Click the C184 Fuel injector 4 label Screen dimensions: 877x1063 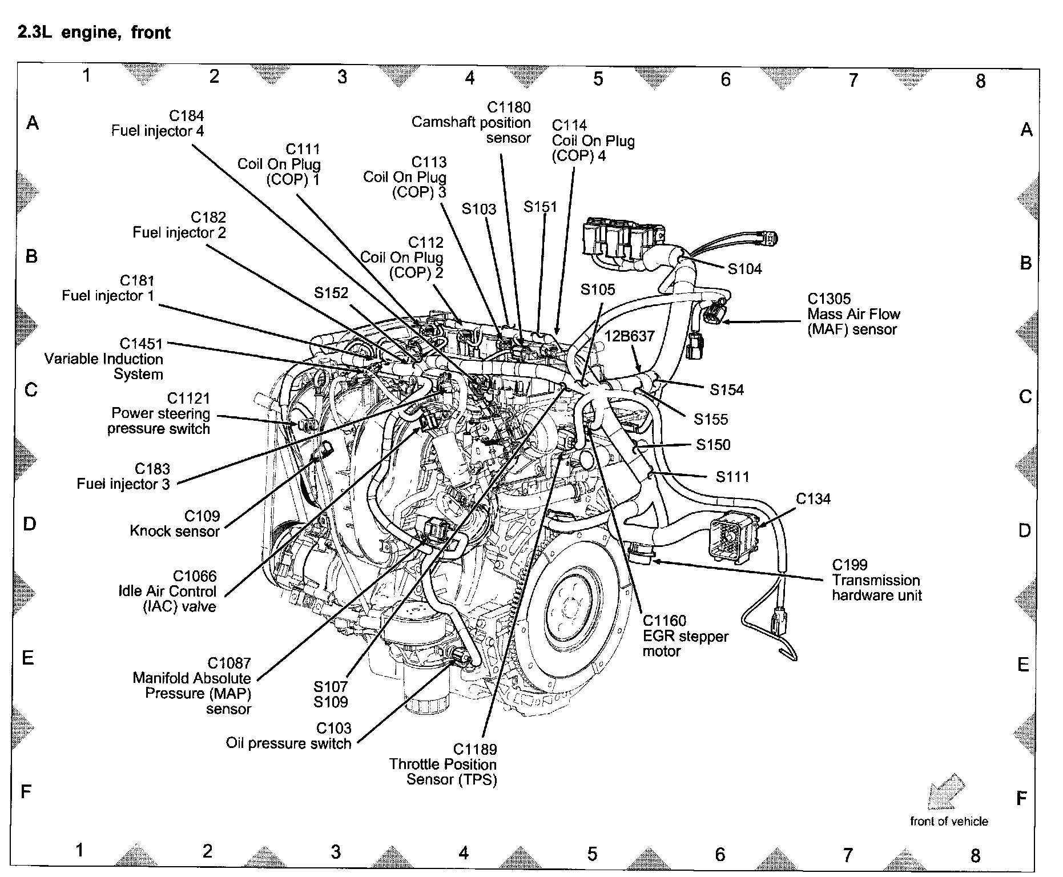point(158,123)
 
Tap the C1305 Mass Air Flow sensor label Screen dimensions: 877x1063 point(853,314)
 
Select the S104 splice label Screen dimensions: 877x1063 point(744,269)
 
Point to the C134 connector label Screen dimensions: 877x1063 point(813,499)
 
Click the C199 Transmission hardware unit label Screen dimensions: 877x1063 point(876,580)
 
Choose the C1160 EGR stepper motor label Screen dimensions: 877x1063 point(685,636)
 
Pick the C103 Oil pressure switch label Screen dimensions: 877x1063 point(288,736)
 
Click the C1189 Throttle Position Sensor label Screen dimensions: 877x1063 point(443,765)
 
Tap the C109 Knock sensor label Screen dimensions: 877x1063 point(175,524)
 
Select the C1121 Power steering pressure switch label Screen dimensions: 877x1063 point(159,413)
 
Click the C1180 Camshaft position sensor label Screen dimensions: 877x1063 point(472,122)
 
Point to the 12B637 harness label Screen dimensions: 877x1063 point(629,336)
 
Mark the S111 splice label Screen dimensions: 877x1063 point(732,477)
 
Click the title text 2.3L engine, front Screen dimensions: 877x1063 point(94,32)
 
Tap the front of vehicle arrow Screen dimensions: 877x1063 point(945,792)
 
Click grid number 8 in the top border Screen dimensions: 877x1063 point(980,81)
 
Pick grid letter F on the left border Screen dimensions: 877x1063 point(26,791)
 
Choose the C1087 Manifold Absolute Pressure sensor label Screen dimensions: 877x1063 point(192,686)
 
